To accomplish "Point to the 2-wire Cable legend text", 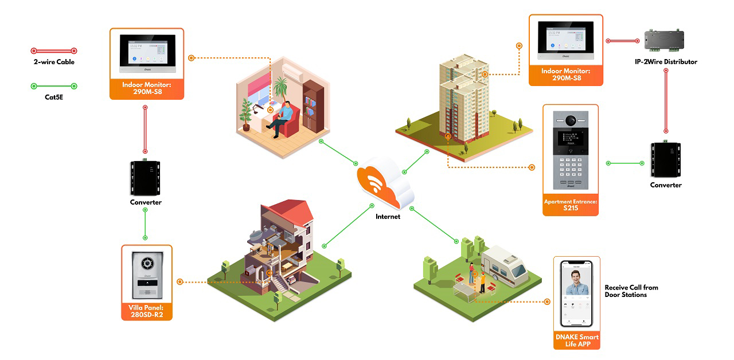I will click(x=54, y=62).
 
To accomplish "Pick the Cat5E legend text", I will click(x=54, y=97).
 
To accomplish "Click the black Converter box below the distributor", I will click(x=666, y=161).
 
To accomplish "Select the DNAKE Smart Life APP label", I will click(x=577, y=341).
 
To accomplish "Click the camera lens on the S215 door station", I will click(x=571, y=120).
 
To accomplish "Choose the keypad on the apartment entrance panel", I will click(x=571, y=168).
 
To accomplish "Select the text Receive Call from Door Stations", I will click(x=631, y=291).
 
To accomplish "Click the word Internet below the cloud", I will click(x=388, y=217).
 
